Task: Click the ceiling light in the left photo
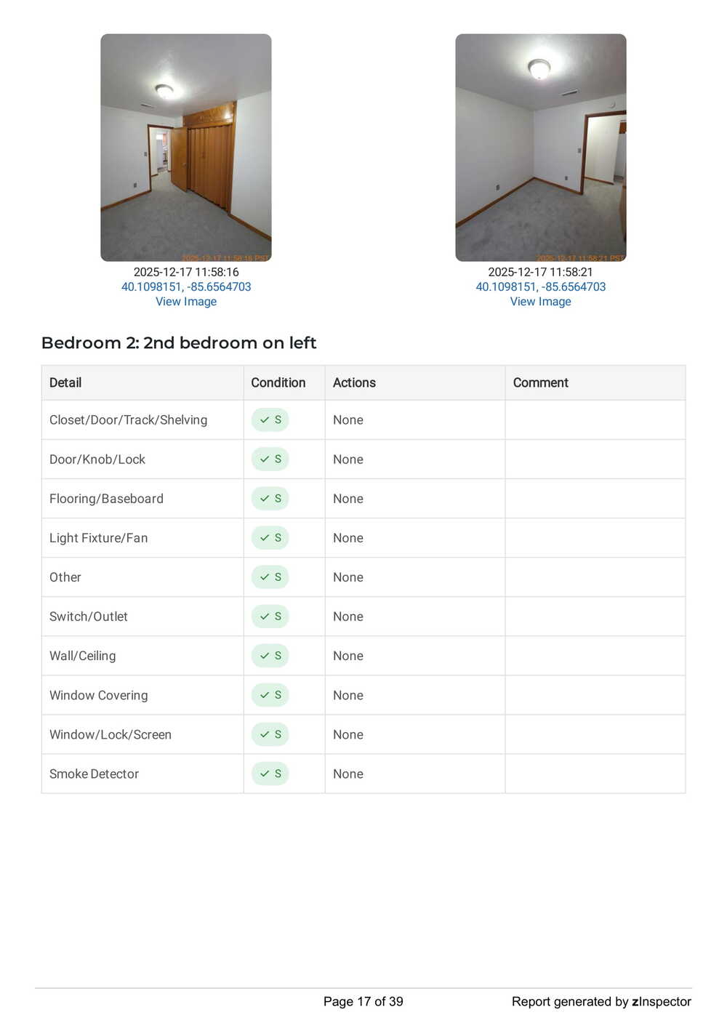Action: pyautogui.click(x=165, y=91)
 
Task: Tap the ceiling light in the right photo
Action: pyautogui.click(x=539, y=68)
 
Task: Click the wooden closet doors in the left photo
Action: pyautogui.click(x=210, y=161)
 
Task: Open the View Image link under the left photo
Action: pyautogui.click(x=186, y=302)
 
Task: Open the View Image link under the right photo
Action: pyautogui.click(x=540, y=302)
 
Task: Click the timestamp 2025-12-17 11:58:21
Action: pyautogui.click(x=540, y=272)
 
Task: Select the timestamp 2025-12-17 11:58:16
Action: pyautogui.click(x=186, y=272)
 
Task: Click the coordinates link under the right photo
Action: pyautogui.click(x=540, y=287)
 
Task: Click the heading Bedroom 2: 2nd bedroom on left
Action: pyautogui.click(x=179, y=342)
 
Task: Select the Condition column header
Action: pyautogui.click(x=278, y=382)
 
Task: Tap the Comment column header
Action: pyautogui.click(x=540, y=382)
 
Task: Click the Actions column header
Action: pyautogui.click(x=354, y=382)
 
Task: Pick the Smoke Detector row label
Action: pyautogui.click(x=94, y=774)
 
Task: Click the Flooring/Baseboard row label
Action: pyautogui.click(x=106, y=499)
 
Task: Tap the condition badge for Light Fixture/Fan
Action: pyautogui.click(x=270, y=538)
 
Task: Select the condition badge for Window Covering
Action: pyautogui.click(x=270, y=695)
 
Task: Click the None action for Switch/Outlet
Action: pyautogui.click(x=348, y=617)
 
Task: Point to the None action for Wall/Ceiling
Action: pyautogui.click(x=348, y=656)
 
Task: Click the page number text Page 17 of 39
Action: pyautogui.click(x=363, y=1002)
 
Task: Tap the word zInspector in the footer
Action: pyautogui.click(x=662, y=1002)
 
